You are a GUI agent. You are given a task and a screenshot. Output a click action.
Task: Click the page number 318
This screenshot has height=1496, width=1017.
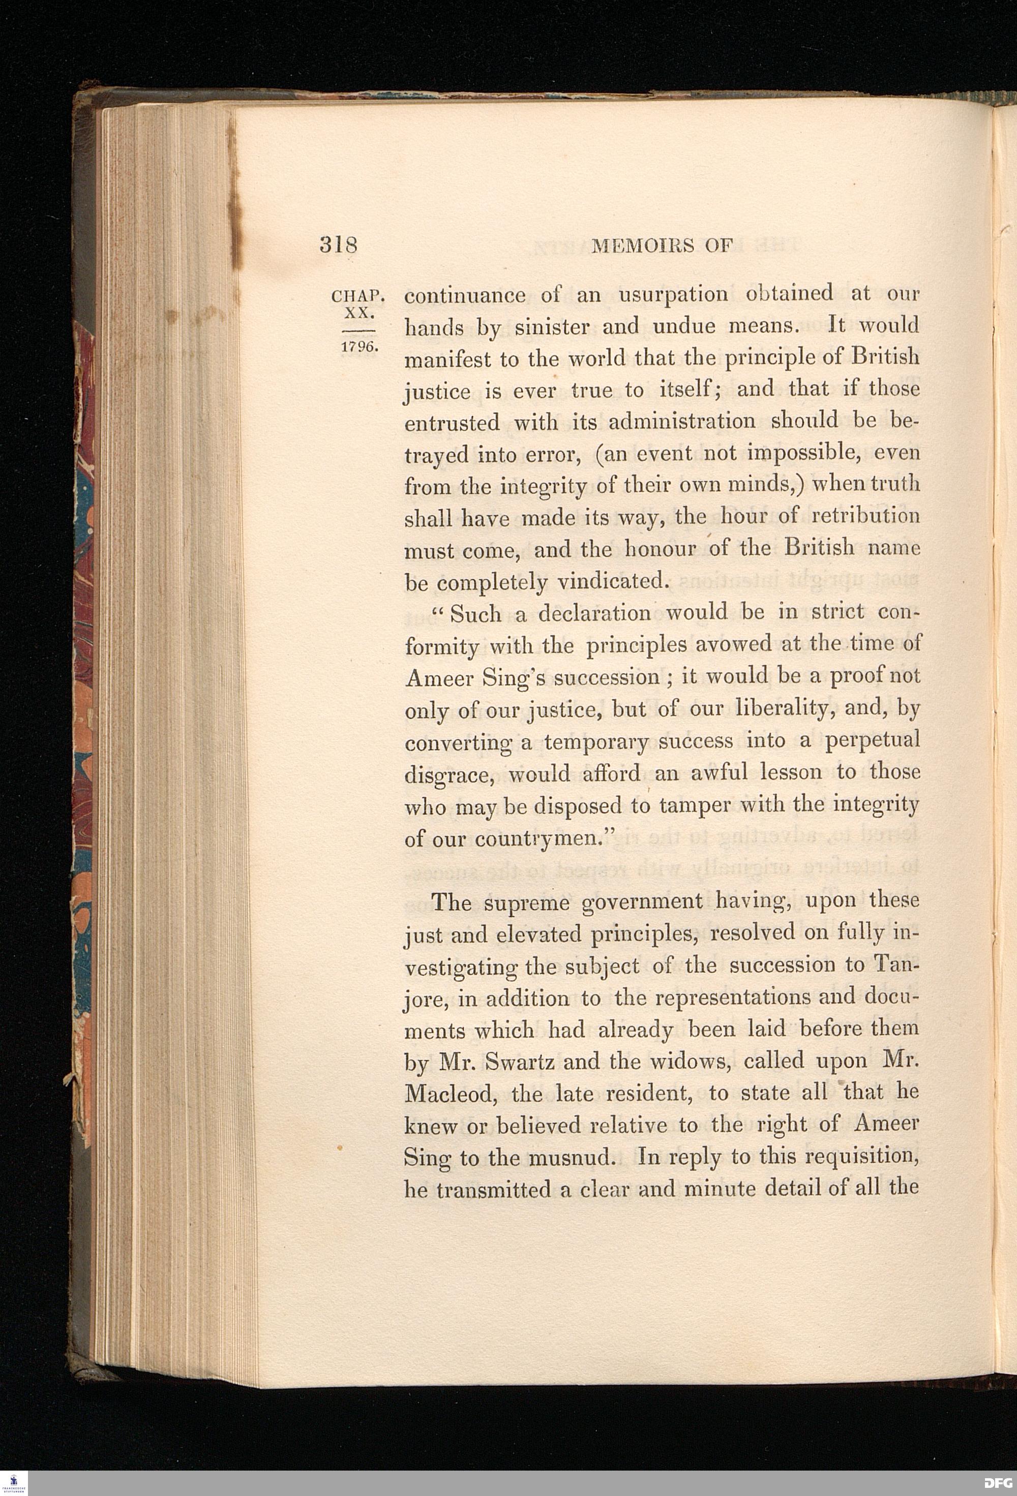click(x=338, y=246)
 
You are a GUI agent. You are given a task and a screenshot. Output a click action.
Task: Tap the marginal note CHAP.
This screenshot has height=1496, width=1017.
click(x=357, y=297)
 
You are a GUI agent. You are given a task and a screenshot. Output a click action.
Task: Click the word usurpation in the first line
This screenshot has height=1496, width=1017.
click(x=673, y=294)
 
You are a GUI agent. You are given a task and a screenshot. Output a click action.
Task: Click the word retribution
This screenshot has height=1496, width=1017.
click(x=865, y=516)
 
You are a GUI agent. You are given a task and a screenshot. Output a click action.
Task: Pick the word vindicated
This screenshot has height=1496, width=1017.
click(x=610, y=582)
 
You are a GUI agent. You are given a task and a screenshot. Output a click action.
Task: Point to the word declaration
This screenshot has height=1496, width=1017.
click(x=594, y=613)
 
